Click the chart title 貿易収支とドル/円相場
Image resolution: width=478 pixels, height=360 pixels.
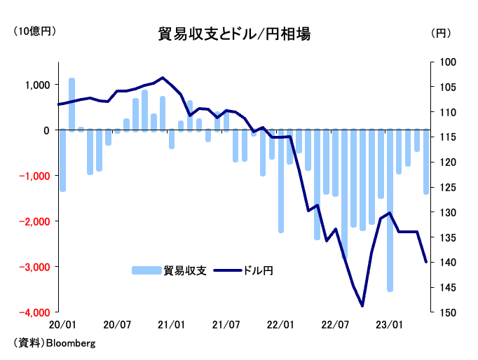(235, 34)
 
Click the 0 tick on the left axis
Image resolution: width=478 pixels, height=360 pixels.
(46, 130)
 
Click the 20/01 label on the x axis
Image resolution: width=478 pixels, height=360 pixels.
(63, 325)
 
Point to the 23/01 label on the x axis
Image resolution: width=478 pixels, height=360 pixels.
(390, 325)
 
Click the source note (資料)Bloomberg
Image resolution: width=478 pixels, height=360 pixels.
(53, 344)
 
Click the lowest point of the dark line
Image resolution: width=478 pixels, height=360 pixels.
(362, 306)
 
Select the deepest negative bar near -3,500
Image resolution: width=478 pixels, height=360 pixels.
(390, 210)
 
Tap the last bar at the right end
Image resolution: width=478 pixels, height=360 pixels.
(425, 161)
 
